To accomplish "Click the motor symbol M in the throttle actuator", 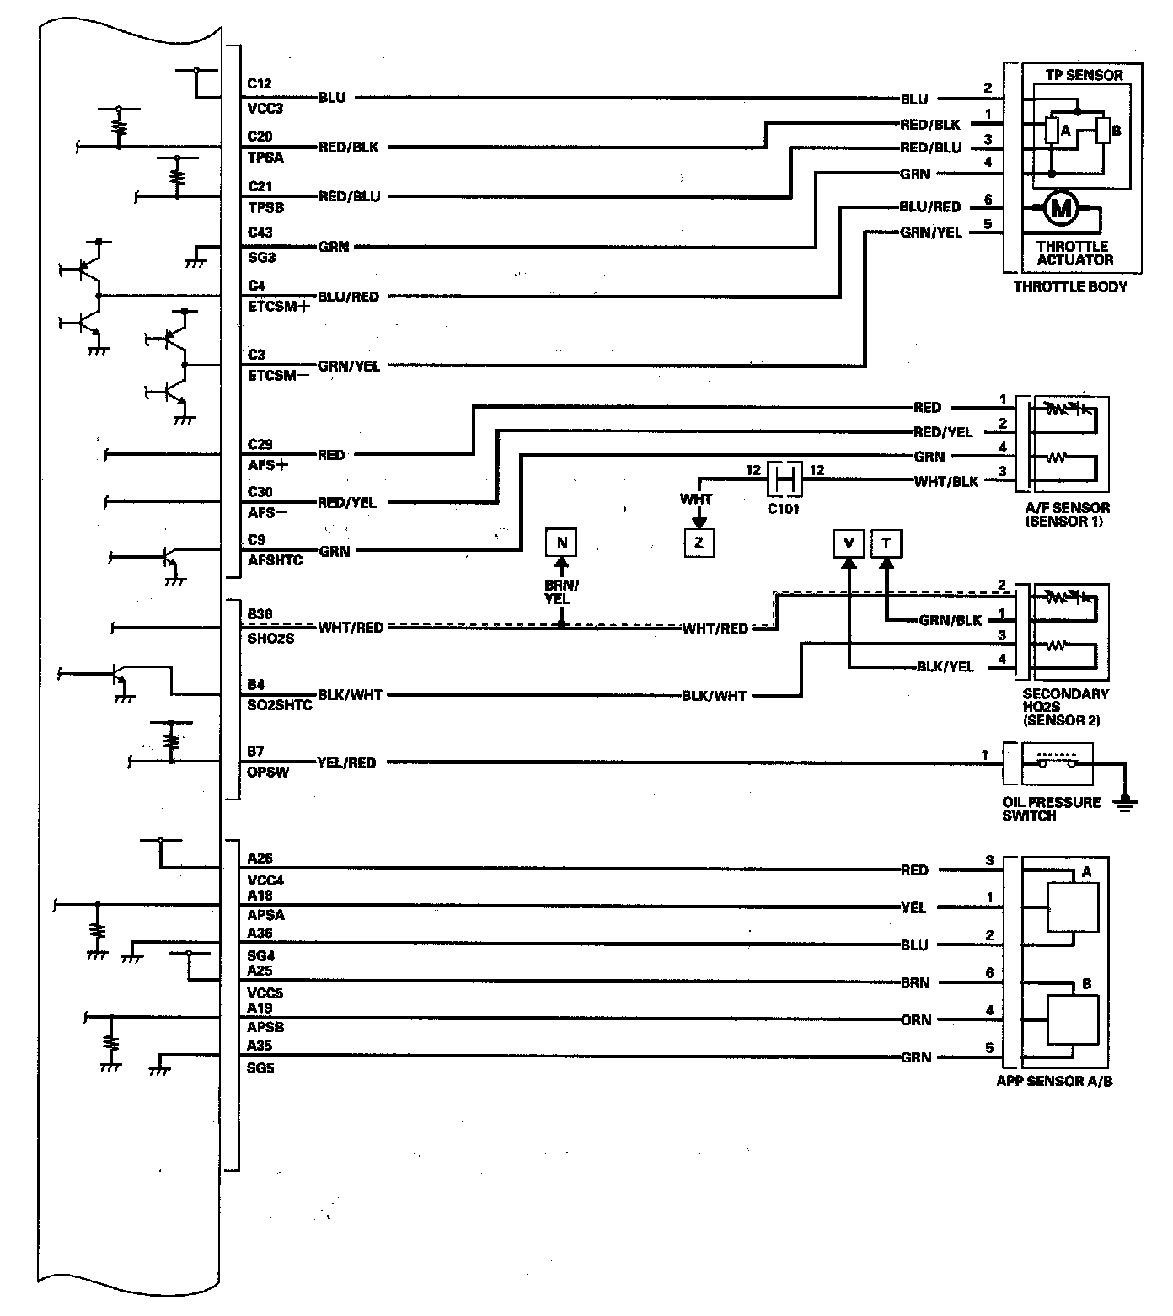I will point(1061,208).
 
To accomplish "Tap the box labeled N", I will point(562,542).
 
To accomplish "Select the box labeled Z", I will point(699,543).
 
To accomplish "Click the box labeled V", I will point(849,543).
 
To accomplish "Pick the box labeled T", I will point(886,543).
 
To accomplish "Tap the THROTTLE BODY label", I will point(1070,286).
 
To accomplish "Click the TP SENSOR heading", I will point(1084,75).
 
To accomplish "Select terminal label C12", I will point(260,83).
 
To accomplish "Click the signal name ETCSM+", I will point(279,307).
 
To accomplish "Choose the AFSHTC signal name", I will point(276,560).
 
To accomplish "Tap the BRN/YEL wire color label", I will point(562,591).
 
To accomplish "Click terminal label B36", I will point(260,615).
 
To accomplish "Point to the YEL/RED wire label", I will point(346,762).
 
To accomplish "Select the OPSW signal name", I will point(268,772).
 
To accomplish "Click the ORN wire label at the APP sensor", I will point(916,1019).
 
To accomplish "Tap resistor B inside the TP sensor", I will point(1103,131).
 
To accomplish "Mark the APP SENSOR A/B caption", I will point(1054,1081).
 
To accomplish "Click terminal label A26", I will point(260,859).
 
